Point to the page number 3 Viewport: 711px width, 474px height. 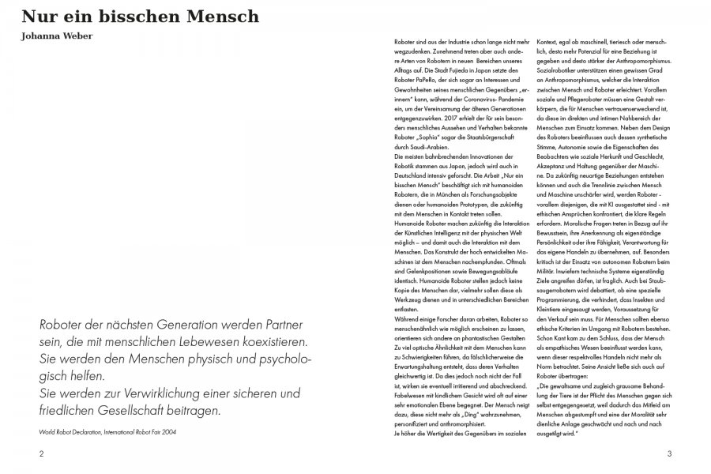click(669, 453)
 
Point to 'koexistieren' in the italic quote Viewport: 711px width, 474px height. click(274, 345)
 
